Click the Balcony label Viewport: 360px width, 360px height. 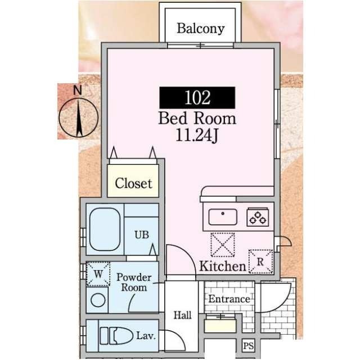pyautogui.click(x=201, y=28)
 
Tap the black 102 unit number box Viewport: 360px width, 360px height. pyautogui.click(x=197, y=97)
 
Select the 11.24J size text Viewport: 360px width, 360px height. pyautogui.click(x=197, y=136)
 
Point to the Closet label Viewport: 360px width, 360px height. pyautogui.click(x=133, y=183)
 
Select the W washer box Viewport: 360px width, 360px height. pyautogui.click(x=97, y=274)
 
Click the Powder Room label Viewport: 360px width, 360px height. pyautogui.click(x=133, y=282)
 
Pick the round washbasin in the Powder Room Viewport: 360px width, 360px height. pyautogui.click(x=98, y=300)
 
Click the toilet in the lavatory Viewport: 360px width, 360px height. pyautogui.click(x=115, y=336)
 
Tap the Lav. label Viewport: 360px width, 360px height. pyautogui.click(x=146, y=336)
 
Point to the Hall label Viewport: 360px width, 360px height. pyautogui.click(x=182, y=316)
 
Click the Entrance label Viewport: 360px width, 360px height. pyautogui.click(x=229, y=299)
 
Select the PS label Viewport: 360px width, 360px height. pyautogui.click(x=248, y=345)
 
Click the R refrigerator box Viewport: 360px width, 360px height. pyautogui.click(x=261, y=261)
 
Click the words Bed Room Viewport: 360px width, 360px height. pyautogui.click(x=197, y=119)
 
